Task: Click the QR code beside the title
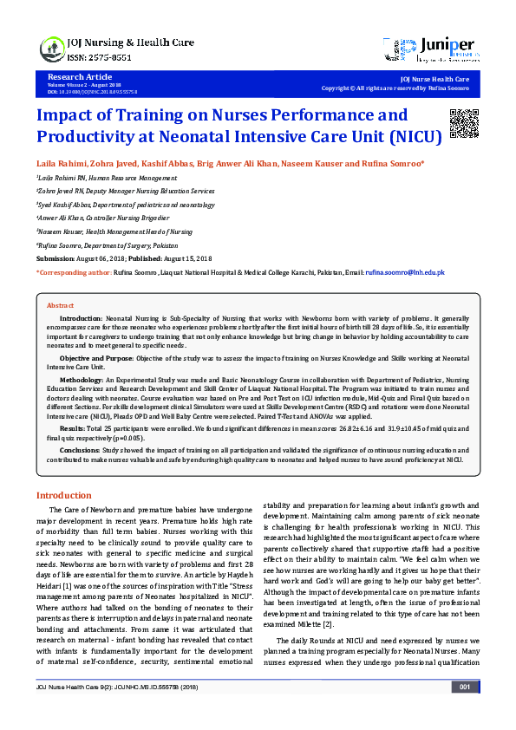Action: [463, 123]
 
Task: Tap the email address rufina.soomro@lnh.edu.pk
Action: [405, 272]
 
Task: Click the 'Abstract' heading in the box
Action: [60, 306]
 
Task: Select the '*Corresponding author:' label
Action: [74, 272]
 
